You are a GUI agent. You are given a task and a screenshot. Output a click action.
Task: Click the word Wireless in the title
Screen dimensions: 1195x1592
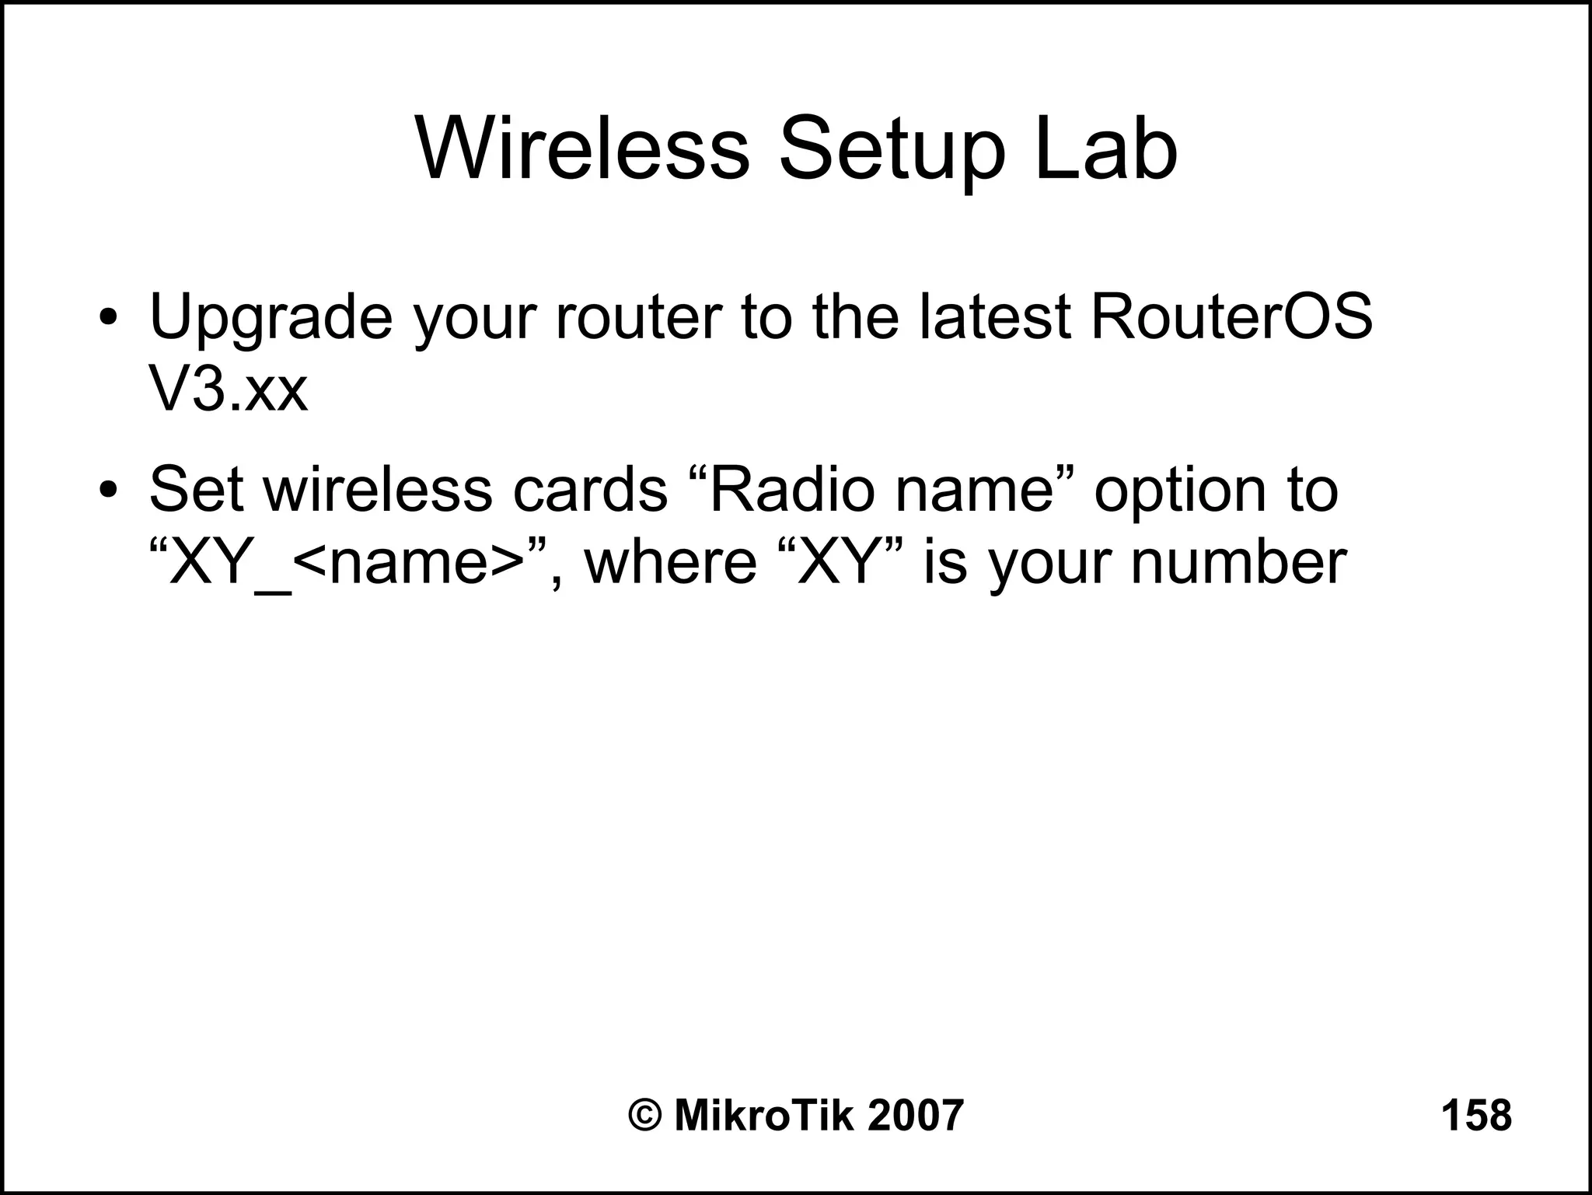583,148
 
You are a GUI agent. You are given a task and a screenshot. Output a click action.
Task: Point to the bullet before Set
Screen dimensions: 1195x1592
109,491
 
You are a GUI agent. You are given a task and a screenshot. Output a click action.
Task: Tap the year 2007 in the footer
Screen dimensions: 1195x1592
915,1116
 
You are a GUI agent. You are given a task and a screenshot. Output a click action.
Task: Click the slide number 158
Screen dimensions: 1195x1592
1476,1116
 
